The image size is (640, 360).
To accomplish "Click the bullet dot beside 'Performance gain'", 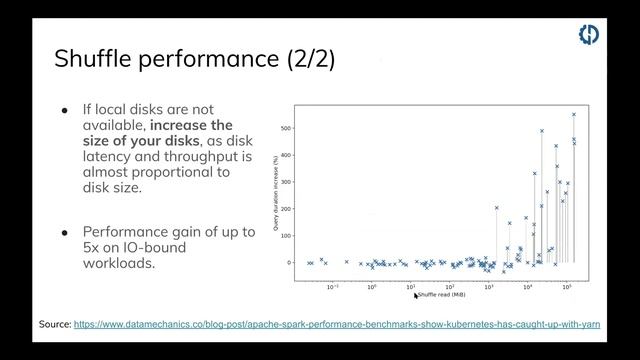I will click(x=65, y=232).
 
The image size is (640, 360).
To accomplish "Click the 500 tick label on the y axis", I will click(x=286, y=129).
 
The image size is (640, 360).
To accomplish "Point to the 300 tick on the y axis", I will click(x=286, y=182).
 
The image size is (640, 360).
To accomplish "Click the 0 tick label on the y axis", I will click(x=289, y=263).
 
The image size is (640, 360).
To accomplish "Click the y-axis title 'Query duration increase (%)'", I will click(x=276, y=196).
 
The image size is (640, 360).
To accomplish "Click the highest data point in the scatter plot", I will click(x=573, y=114).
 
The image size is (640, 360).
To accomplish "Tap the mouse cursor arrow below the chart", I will click(x=416, y=296).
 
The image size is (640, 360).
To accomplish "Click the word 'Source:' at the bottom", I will click(x=55, y=325).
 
